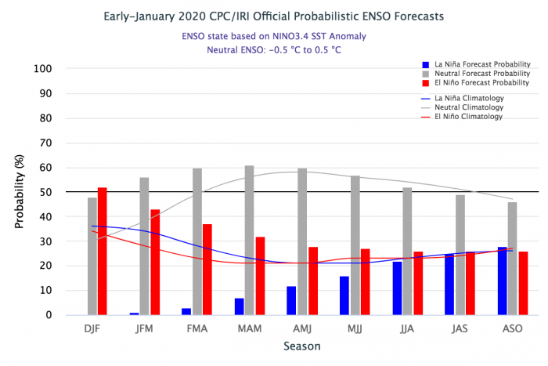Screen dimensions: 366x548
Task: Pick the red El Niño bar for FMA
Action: point(207,269)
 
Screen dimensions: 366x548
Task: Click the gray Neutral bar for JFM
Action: point(145,246)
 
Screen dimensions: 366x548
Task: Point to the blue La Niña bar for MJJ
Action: point(344,295)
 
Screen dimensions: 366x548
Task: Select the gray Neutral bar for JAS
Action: point(460,255)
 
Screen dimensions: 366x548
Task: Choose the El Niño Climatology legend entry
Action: point(462,117)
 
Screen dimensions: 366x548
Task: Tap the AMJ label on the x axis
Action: point(302,328)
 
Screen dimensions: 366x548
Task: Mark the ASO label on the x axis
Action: point(512,328)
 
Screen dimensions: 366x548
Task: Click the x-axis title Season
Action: point(301,345)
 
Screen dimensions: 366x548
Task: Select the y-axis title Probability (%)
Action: point(20,192)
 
